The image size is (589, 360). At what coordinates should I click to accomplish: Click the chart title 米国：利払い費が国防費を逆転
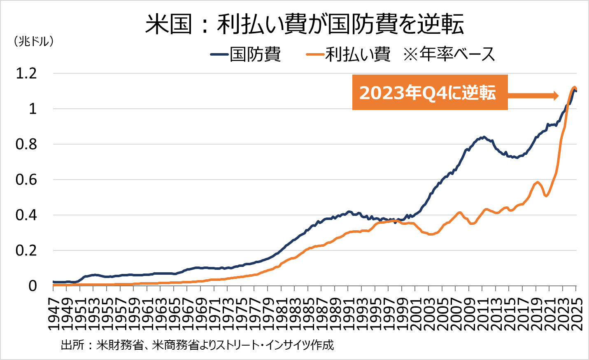[x=305, y=24]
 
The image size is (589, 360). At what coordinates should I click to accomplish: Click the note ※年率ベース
[x=449, y=54]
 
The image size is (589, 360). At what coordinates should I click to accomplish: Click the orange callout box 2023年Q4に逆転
[x=429, y=93]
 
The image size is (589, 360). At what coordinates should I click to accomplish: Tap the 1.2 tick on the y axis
[x=26, y=73]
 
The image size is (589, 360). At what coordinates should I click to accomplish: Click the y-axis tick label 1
[x=33, y=109]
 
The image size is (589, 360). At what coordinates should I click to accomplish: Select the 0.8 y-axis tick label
[x=26, y=144]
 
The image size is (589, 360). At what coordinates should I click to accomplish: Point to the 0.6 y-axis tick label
[x=26, y=180]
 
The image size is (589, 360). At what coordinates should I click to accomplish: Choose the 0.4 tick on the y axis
[x=26, y=215]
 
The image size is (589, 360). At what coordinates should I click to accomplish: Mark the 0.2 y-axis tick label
[x=26, y=250]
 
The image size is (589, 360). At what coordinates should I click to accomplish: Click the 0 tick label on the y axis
[x=33, y=286]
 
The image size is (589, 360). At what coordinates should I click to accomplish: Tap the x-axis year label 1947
[x=54, y=309]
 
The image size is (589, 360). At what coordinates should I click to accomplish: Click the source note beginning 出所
[x=197, y=345]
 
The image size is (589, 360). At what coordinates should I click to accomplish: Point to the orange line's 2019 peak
[x=538, y=182]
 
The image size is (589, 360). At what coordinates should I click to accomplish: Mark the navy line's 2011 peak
[x=484, y=137]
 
